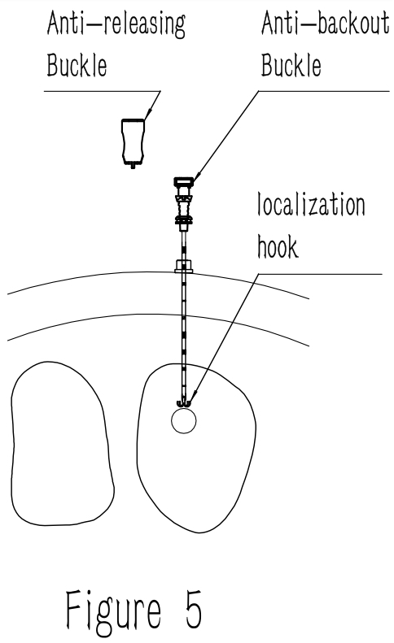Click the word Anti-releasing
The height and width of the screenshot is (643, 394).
pos(116,24)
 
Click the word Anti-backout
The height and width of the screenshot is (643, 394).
pos(325,23)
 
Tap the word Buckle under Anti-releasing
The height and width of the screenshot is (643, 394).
pos(77,65)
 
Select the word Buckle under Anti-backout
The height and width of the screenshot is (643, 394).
pos(291,65)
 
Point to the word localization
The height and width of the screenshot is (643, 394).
pos(311,204)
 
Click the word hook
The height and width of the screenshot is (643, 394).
pos(278,246)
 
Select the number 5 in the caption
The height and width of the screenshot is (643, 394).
pos(194,610)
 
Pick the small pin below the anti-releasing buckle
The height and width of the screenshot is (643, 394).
pos(133,167)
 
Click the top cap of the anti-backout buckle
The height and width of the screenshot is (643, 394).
pos(184,181)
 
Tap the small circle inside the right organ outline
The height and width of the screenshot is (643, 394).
pos(184,421)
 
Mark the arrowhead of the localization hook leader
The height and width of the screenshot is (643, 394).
pos(192,399)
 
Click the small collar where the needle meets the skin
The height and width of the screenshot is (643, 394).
pos(184,266)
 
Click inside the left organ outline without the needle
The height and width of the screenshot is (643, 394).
pos(62,443)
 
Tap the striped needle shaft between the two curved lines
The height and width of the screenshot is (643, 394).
pos(184,295)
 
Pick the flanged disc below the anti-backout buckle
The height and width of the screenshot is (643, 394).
pos(184,220)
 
